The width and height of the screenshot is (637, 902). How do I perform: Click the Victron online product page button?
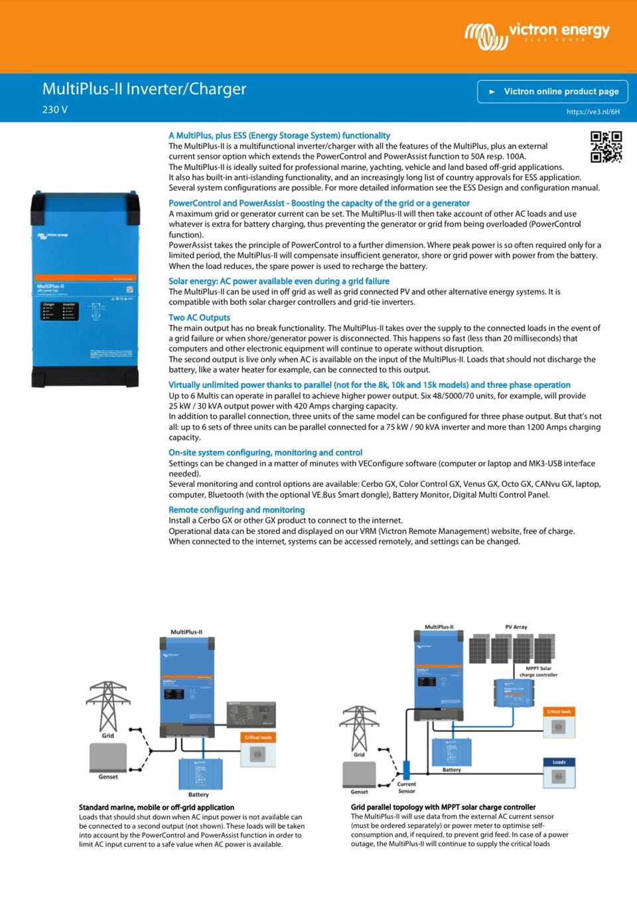(553, 92)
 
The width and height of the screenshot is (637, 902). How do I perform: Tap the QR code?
(606, 147)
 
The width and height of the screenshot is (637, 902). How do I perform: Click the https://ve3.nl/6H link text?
(593, 112)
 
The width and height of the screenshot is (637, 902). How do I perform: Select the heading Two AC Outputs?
(199, 317)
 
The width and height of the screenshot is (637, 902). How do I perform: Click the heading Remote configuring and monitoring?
(236, 509)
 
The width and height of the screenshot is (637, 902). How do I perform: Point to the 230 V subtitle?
(55, 110)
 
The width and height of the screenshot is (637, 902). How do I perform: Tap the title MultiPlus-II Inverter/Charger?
(144, 89)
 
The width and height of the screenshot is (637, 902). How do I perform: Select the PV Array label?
(516, 626)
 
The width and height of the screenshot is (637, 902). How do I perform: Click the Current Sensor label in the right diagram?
(406, 787)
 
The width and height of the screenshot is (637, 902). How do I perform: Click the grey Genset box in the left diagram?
(107, 757)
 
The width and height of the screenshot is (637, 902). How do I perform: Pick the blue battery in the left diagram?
(200, 773)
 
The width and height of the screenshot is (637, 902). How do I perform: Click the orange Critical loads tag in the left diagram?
(257, 737)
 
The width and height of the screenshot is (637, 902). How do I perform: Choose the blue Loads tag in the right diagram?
(559, 762)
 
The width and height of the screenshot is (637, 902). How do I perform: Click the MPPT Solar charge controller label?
(538, 672)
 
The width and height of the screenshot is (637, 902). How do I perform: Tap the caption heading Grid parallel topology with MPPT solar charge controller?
(443, 807)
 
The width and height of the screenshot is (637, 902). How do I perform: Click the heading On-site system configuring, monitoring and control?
(265, 452)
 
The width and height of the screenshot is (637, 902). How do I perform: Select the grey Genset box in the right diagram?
(359, 774)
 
